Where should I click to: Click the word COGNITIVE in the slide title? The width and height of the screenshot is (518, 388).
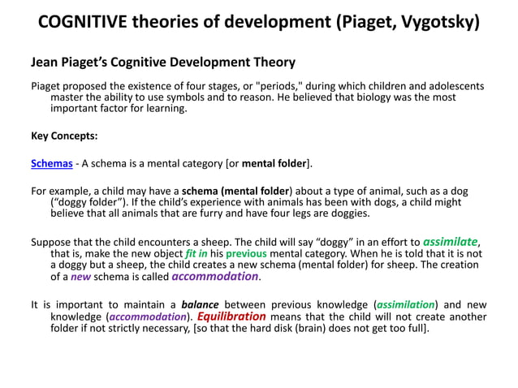pyautogui.click(x=85, y=21)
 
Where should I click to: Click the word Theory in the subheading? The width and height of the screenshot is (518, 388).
pyautogui.click(x=273, y=62)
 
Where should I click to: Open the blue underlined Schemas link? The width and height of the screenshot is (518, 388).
pyautogui.click(x=51, y=164)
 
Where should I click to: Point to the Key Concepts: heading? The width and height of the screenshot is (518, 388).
pyautogui.click(x=64, y=136)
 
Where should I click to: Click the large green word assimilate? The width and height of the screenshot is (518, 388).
pyautogui.click(x=451, y=241)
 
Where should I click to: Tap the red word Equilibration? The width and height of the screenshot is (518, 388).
pyautogui.click(x=231, y=317)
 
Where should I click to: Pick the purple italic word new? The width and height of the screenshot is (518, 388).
pyautogui.click(x=80, y=277)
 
